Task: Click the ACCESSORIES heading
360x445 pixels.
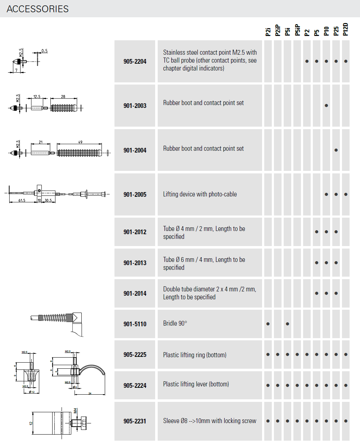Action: pos(37,9)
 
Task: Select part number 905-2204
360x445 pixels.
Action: pos(135,62)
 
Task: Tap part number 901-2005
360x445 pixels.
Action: pos(135,195)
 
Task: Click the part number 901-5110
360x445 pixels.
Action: pos(135,324)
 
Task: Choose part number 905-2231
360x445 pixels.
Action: pos(135,421)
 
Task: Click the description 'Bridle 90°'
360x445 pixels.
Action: pos(175,323)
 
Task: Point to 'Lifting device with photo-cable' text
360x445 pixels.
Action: pos(200,194)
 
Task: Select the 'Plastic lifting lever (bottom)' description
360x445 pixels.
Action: pos(196,384)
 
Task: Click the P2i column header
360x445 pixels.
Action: pos(268,32)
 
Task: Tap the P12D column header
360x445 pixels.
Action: pos(346,29)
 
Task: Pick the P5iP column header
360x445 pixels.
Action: pos(297,30)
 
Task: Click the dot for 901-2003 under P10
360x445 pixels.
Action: pos(326,106)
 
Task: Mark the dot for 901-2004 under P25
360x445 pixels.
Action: pos(336,150)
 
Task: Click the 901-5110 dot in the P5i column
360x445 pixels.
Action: pos(287,324)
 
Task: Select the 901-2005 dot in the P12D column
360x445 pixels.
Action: pos(346,194)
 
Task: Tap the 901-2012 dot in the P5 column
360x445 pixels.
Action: pos(316,232)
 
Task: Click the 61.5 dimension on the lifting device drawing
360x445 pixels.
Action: pos(22,200)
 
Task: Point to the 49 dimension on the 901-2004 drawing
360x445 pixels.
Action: pos(80,142)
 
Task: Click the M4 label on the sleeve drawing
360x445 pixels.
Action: pos(75,410)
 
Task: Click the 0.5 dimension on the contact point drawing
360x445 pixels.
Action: pos(44,51)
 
